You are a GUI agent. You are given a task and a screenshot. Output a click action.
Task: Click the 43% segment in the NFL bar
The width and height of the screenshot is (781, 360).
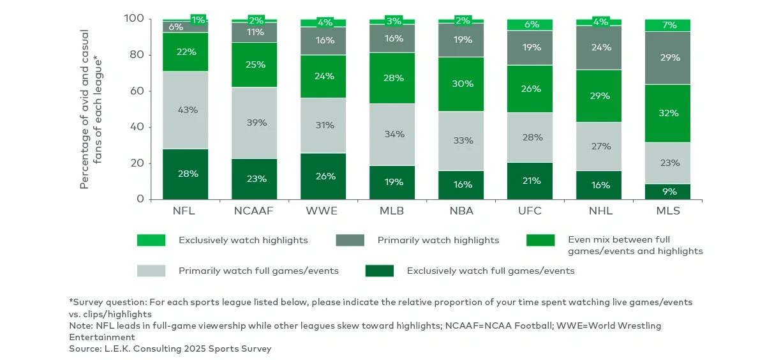point(185,110)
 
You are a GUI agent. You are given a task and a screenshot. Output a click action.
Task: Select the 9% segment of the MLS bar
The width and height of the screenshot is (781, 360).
point(667,191)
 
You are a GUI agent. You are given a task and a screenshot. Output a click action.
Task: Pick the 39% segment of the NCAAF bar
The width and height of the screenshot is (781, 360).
point(254,123)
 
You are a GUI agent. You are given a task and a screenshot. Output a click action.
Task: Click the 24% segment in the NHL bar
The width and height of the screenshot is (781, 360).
point(599,47)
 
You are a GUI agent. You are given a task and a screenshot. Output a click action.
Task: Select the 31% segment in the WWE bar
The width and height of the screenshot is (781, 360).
point(323,125)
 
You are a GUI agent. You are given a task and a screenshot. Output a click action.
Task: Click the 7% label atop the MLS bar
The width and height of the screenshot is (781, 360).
point(667,25)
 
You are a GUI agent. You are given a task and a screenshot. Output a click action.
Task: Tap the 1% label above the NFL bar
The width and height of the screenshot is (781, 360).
point(198,19)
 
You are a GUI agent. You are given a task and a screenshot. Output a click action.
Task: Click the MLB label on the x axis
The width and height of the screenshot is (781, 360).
point(392,211)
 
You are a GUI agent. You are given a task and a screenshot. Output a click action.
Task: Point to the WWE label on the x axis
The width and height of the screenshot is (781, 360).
point(323,211)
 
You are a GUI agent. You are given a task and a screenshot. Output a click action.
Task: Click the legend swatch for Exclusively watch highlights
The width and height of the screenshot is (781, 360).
point(151,240)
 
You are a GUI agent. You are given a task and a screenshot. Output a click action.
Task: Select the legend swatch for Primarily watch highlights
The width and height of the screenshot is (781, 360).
point(350,240)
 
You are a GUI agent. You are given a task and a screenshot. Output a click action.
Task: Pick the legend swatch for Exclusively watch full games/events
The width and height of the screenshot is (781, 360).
point(379,271)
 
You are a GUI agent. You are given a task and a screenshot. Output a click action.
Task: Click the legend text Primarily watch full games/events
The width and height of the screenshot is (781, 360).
point(258,271)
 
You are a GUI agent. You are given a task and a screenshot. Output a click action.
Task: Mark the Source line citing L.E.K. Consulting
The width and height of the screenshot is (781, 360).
point(170,349)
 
